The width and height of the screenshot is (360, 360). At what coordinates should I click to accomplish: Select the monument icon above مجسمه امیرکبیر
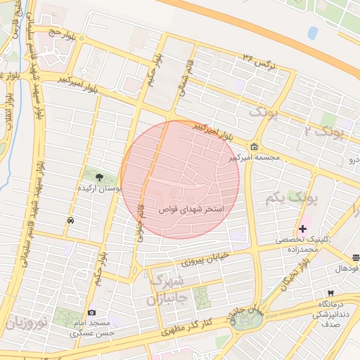point(253,148)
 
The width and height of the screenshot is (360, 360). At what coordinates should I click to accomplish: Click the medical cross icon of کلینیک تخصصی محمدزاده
point(303,229)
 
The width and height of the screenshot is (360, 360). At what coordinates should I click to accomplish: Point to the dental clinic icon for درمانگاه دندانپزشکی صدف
point(330,292)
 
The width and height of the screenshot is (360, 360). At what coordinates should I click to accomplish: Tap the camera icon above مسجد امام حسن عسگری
point(91,312)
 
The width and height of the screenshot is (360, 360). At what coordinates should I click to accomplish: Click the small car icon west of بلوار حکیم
point(70,221)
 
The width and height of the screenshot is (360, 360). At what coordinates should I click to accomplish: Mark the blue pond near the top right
point(312,32)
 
